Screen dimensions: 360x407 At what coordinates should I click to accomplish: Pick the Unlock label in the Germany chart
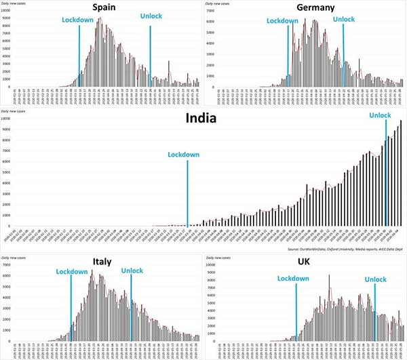[x=344, y=19]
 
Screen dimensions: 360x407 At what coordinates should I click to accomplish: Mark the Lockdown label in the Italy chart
[x=72, y=271]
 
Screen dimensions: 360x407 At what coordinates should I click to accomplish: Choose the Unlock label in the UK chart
[x=375, y=279]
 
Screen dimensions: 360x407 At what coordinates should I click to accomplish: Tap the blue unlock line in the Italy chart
[x=131, y=305]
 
